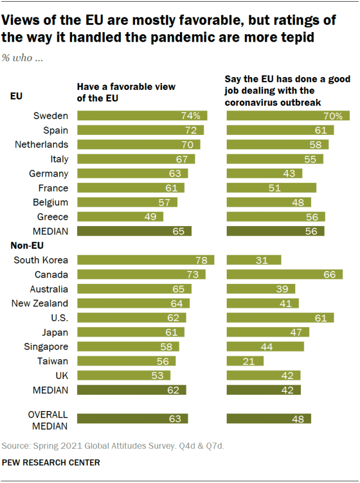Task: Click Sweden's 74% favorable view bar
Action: click(x=142, y=116)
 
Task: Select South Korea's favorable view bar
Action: click(x=145, y=260)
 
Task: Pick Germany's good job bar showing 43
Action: click(x=264, y=174)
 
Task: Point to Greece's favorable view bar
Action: click(x=120, y=216)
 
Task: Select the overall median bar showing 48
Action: click(x=269, y=418)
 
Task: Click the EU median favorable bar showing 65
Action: click(x=134, y=231)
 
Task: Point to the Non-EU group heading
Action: click(x=27, y=245)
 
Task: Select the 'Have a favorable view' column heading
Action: click(x=126, y=92)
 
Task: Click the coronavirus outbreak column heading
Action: click(x=287, y=91)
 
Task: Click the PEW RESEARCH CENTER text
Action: click(x=51, y=462)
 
